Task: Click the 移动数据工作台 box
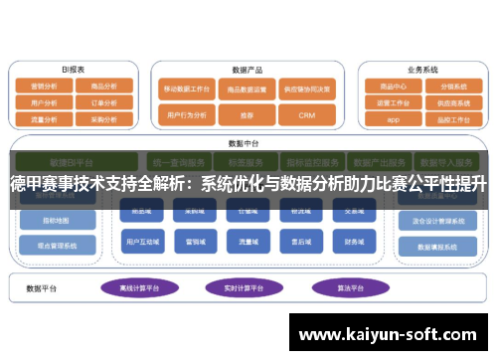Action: click(x=187, y=88)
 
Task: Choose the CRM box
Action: click(x=306, y=115)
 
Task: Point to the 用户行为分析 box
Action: click(x=187, y=115)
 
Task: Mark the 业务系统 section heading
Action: click(x=422, y=70)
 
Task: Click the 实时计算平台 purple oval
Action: click(x=243, y=288)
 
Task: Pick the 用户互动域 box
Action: click(x=139, y=242)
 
